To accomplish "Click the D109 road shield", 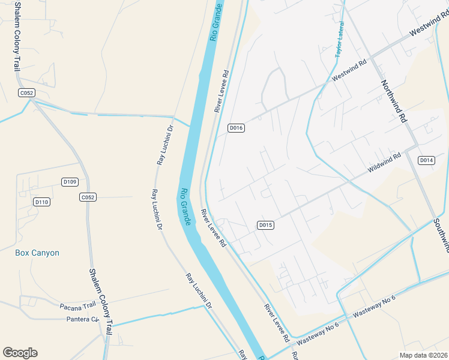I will (70, 182).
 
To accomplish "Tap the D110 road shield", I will (41, 202).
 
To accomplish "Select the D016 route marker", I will (236, 128).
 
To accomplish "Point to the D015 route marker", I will (266, 225).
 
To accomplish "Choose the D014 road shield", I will (426, 160).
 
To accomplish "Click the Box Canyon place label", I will (37, 253).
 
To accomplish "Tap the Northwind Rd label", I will (394, 101).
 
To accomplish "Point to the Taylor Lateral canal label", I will (340, 40).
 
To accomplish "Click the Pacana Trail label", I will (77, 306).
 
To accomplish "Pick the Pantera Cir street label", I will (82, 319).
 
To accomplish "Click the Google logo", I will (20, 353).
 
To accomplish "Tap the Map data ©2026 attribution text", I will (423, 355).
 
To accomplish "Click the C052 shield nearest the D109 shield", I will (88, 197).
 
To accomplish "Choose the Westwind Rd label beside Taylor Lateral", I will (349, 72).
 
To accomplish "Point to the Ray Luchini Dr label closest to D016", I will (164, 145).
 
